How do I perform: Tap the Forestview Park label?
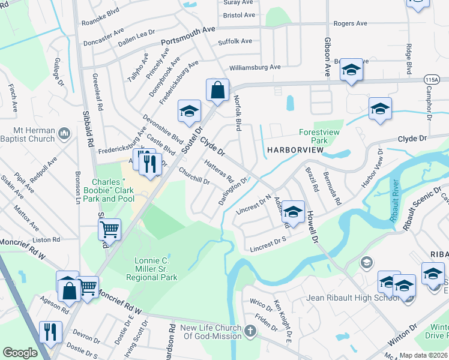point(322,137)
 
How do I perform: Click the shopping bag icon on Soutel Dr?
point(217,91)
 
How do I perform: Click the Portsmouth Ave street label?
point(188,37)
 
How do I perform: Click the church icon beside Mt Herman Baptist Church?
point(64,131)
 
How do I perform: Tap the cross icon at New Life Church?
point(251,329)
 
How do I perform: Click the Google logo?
point(20,353)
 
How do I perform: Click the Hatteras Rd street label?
point(218,171)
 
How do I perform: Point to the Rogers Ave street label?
point(350,23)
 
